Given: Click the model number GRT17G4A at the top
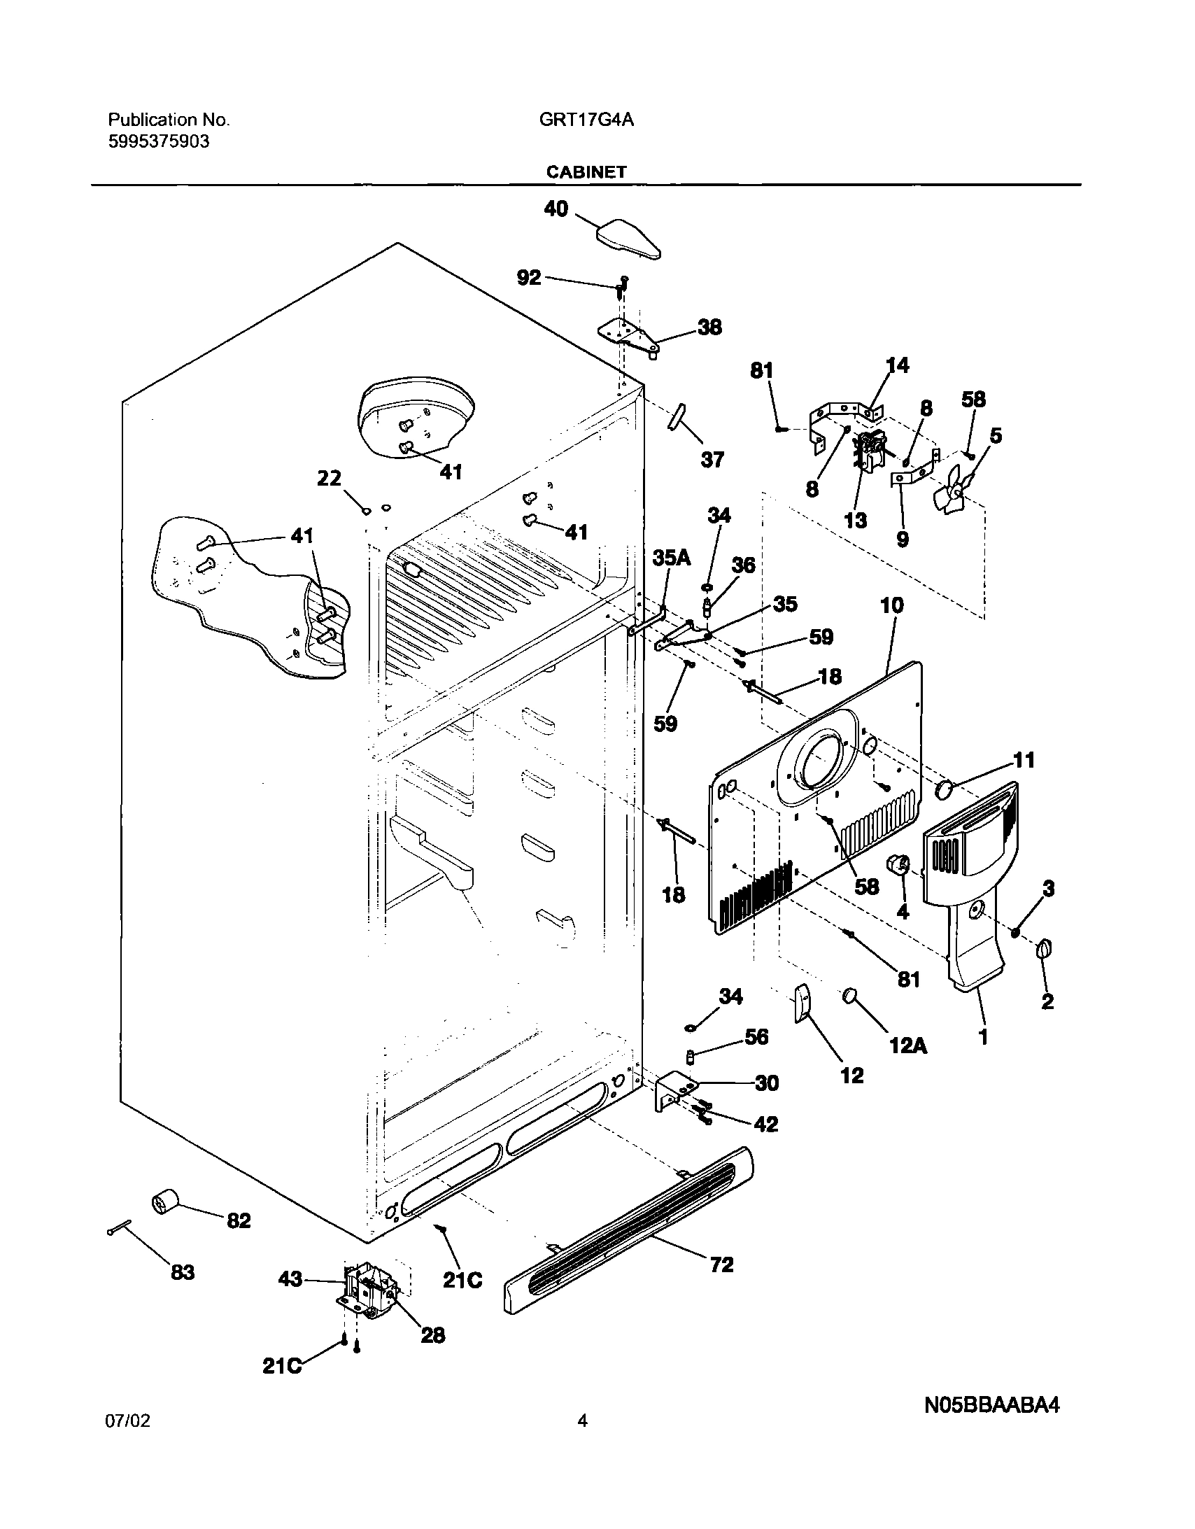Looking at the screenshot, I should (586, 120).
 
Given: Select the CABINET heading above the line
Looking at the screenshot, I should (586, 172).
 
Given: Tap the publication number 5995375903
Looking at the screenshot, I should (159, 142).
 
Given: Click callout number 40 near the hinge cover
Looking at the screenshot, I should (556, 209).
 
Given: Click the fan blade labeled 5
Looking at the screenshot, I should (953, 492).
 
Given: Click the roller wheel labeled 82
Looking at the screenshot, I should (165, 1204).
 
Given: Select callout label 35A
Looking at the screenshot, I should (672, 557).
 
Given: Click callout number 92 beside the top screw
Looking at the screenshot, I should (529, 278).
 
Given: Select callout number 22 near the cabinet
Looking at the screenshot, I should (329, 478).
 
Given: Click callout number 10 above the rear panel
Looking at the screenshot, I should (891, 605).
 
